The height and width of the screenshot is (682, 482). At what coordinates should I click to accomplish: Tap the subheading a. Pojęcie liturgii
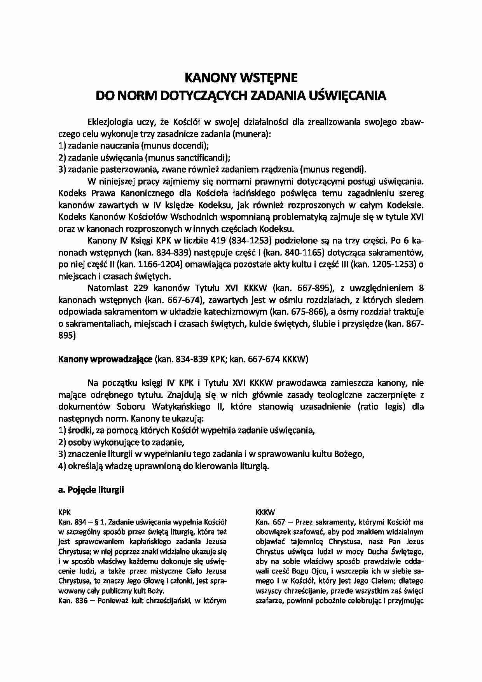pyautogui.click(x=91, y=490)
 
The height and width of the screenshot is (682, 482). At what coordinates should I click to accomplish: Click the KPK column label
pyautogui.click(x=64, y=512)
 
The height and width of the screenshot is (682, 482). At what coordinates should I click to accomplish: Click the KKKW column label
pyautogui.click(x=265, y=512)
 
